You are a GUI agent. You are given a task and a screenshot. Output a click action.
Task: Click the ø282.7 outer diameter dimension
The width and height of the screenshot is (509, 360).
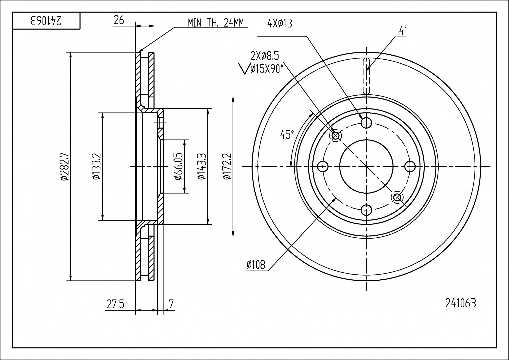coord(64,166)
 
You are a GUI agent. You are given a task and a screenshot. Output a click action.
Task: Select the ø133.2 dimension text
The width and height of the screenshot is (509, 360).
coord(97,166)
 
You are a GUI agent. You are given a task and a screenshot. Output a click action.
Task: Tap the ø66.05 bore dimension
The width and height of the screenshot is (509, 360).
coord(179,166)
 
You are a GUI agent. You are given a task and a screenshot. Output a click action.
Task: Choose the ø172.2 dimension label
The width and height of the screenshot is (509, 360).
coord(227,166)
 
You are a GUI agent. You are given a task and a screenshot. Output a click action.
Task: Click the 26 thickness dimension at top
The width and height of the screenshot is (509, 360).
coord(119,20)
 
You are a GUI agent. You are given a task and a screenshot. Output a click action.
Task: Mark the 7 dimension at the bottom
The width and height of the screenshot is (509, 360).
coord(171,304)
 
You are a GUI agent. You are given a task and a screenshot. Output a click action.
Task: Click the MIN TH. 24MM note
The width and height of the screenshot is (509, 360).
coord(216,23)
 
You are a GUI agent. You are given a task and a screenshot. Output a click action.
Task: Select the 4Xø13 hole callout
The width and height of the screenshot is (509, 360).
coord(279,23)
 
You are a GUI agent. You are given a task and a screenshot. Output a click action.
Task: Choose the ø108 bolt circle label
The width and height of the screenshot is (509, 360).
coord(256,265)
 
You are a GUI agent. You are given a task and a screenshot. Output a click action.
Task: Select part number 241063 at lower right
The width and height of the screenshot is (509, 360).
coord(460,303)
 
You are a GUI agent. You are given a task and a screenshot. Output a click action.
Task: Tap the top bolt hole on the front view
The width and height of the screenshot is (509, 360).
coord(366,123)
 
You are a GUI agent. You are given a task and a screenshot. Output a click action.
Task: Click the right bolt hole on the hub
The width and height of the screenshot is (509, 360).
coord(410,166)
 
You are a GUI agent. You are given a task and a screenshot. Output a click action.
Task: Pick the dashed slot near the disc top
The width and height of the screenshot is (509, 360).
coord(366,76)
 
